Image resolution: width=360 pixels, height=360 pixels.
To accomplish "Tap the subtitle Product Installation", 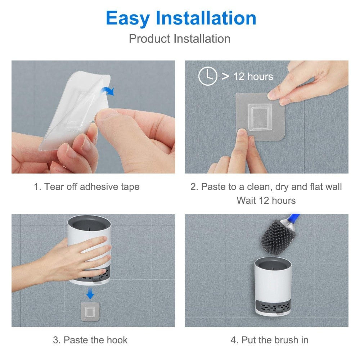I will [180, 39].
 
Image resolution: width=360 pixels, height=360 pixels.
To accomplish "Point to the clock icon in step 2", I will [208, 76].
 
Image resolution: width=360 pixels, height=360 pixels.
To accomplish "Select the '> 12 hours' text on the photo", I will [247, 76].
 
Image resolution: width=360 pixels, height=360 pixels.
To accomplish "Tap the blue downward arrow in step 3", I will [90, 294].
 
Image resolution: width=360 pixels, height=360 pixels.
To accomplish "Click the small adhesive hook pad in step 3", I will [90, 311].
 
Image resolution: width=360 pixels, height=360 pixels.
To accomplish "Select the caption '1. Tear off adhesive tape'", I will [86, 186].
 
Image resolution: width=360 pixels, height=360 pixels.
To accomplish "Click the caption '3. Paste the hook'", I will [90, 340].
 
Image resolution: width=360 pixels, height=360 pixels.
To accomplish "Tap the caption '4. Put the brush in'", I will [269, 340].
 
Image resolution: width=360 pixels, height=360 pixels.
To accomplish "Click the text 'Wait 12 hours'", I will [266, 200].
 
